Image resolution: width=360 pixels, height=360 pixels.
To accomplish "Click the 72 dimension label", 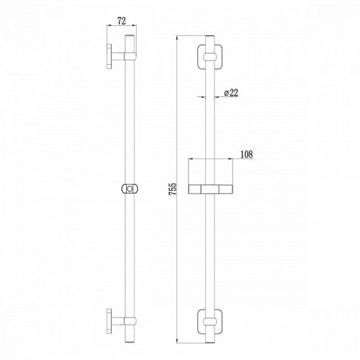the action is [122, 21].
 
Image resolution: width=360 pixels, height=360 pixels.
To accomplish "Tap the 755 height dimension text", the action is [173, 189].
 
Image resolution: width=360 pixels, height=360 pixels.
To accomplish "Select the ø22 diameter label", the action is [231, 93].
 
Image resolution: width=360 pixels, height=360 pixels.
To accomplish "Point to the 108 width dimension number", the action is [246, 154].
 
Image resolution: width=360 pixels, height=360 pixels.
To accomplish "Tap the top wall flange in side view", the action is [109, 56].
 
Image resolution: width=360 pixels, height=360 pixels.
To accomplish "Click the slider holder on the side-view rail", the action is [130, 189].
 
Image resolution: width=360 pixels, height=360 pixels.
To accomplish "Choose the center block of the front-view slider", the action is [210, 189].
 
